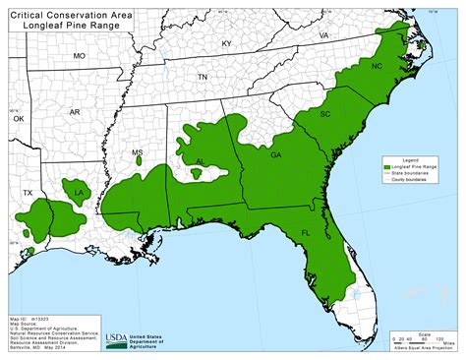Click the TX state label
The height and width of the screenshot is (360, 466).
point(28,193)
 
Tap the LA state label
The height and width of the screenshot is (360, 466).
point(79,193)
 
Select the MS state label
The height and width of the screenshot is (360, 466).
point(138,153)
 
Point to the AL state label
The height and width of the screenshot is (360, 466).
point(201,162)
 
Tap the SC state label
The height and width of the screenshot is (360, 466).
point(325,114)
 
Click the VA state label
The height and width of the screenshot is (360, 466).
point(323,34)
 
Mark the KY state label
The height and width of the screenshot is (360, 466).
point(226,44)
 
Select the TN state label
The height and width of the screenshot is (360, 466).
point(204,77)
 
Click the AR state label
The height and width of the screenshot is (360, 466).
point(75,113)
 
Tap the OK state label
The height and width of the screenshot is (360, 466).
point(18,117)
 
